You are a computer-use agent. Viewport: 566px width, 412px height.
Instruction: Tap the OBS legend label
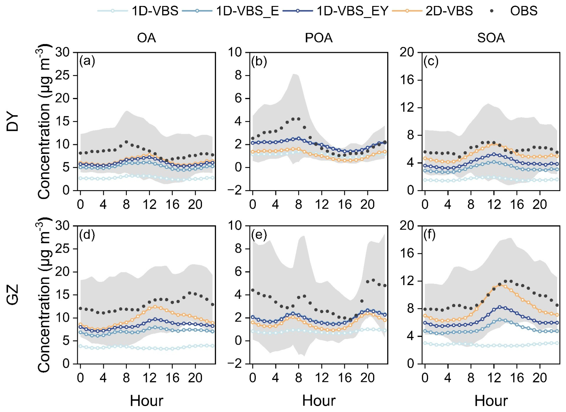(x=524, y=11)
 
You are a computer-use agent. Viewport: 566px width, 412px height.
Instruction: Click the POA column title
(x=319, y=38)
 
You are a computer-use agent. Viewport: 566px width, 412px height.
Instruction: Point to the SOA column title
(x=491, y=38)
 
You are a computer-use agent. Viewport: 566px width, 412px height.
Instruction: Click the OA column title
(x=147, y=38)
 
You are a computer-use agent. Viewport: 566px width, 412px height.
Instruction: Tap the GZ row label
(x=13, y=295)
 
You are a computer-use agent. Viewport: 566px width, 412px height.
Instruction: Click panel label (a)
(x=87, y=61)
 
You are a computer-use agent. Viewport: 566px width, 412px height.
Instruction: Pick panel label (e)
(x=259, y=235)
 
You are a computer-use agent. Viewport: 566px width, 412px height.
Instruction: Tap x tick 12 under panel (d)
(x=149, y=378)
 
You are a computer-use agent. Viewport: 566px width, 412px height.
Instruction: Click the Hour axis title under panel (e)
(x=319, y=401)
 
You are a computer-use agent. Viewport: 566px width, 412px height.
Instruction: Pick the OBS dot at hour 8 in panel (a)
(x=126, y=142)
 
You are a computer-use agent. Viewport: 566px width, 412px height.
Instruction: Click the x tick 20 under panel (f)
(x=540, y=378)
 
